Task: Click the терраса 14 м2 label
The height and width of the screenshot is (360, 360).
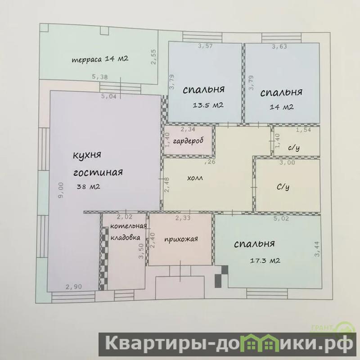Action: [100, 59]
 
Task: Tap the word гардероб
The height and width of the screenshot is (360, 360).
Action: [188, 140]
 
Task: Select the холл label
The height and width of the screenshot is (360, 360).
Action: [195, 178]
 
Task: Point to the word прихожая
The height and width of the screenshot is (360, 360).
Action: [181, 239]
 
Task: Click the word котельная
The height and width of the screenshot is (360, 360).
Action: [128, 226]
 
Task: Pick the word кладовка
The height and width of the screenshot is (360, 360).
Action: [126, 238]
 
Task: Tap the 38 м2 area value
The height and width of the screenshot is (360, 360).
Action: [88, 187]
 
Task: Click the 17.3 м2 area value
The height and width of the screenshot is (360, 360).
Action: [265, 261]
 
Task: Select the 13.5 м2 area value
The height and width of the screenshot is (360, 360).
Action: [208, 105]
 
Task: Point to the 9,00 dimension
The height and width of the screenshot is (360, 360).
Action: [61, 189]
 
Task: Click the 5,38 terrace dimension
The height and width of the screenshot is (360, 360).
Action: [99, 76]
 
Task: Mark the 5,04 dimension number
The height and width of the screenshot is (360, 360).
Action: [109, 96]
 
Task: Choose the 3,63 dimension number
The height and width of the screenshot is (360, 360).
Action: [279, 47]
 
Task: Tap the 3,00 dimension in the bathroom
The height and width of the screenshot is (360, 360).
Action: [287, 162]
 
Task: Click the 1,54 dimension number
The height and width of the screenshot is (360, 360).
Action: [303, 130]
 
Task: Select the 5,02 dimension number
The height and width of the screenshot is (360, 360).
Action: [281, 218]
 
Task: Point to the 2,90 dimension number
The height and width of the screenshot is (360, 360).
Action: [74, 287]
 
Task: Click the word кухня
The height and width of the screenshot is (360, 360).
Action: [87, 155]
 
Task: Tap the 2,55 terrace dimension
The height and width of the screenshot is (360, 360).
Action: [153, 57]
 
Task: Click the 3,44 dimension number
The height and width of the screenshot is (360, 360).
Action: [317, 249]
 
